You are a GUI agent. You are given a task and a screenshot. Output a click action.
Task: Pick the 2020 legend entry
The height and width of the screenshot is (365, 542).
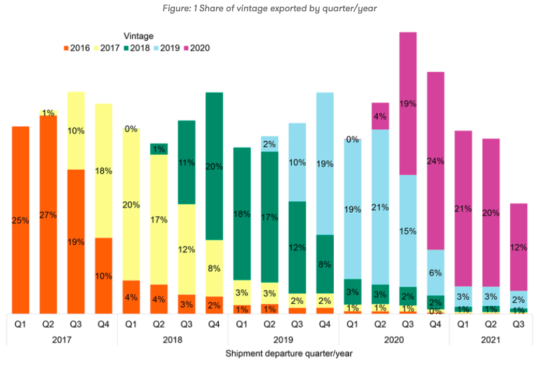197,48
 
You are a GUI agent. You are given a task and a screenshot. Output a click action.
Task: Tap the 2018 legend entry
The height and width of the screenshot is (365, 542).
138,48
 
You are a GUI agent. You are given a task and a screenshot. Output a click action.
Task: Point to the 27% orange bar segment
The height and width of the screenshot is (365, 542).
47,214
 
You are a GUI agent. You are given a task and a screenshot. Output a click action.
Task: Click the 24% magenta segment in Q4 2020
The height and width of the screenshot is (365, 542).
435,160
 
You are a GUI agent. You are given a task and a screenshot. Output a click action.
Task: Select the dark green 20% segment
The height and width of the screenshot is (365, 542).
213,166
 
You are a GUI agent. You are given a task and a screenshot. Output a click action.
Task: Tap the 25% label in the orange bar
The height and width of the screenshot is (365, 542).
20,220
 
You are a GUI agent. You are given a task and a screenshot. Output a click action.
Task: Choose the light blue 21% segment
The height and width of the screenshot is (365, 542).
380,207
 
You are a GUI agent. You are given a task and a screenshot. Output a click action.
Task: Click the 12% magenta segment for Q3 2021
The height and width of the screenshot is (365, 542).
518,247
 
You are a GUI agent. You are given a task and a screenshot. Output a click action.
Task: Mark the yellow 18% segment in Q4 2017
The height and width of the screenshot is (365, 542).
104,171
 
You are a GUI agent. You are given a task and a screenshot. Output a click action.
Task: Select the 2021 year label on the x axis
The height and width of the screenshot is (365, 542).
490,339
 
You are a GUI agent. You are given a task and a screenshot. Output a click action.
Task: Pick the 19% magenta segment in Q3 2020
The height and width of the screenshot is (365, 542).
408,103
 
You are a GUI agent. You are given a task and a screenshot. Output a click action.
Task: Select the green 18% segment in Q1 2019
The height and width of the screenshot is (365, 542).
241,213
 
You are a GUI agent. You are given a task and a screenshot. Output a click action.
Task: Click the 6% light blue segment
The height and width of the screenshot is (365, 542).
435,273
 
